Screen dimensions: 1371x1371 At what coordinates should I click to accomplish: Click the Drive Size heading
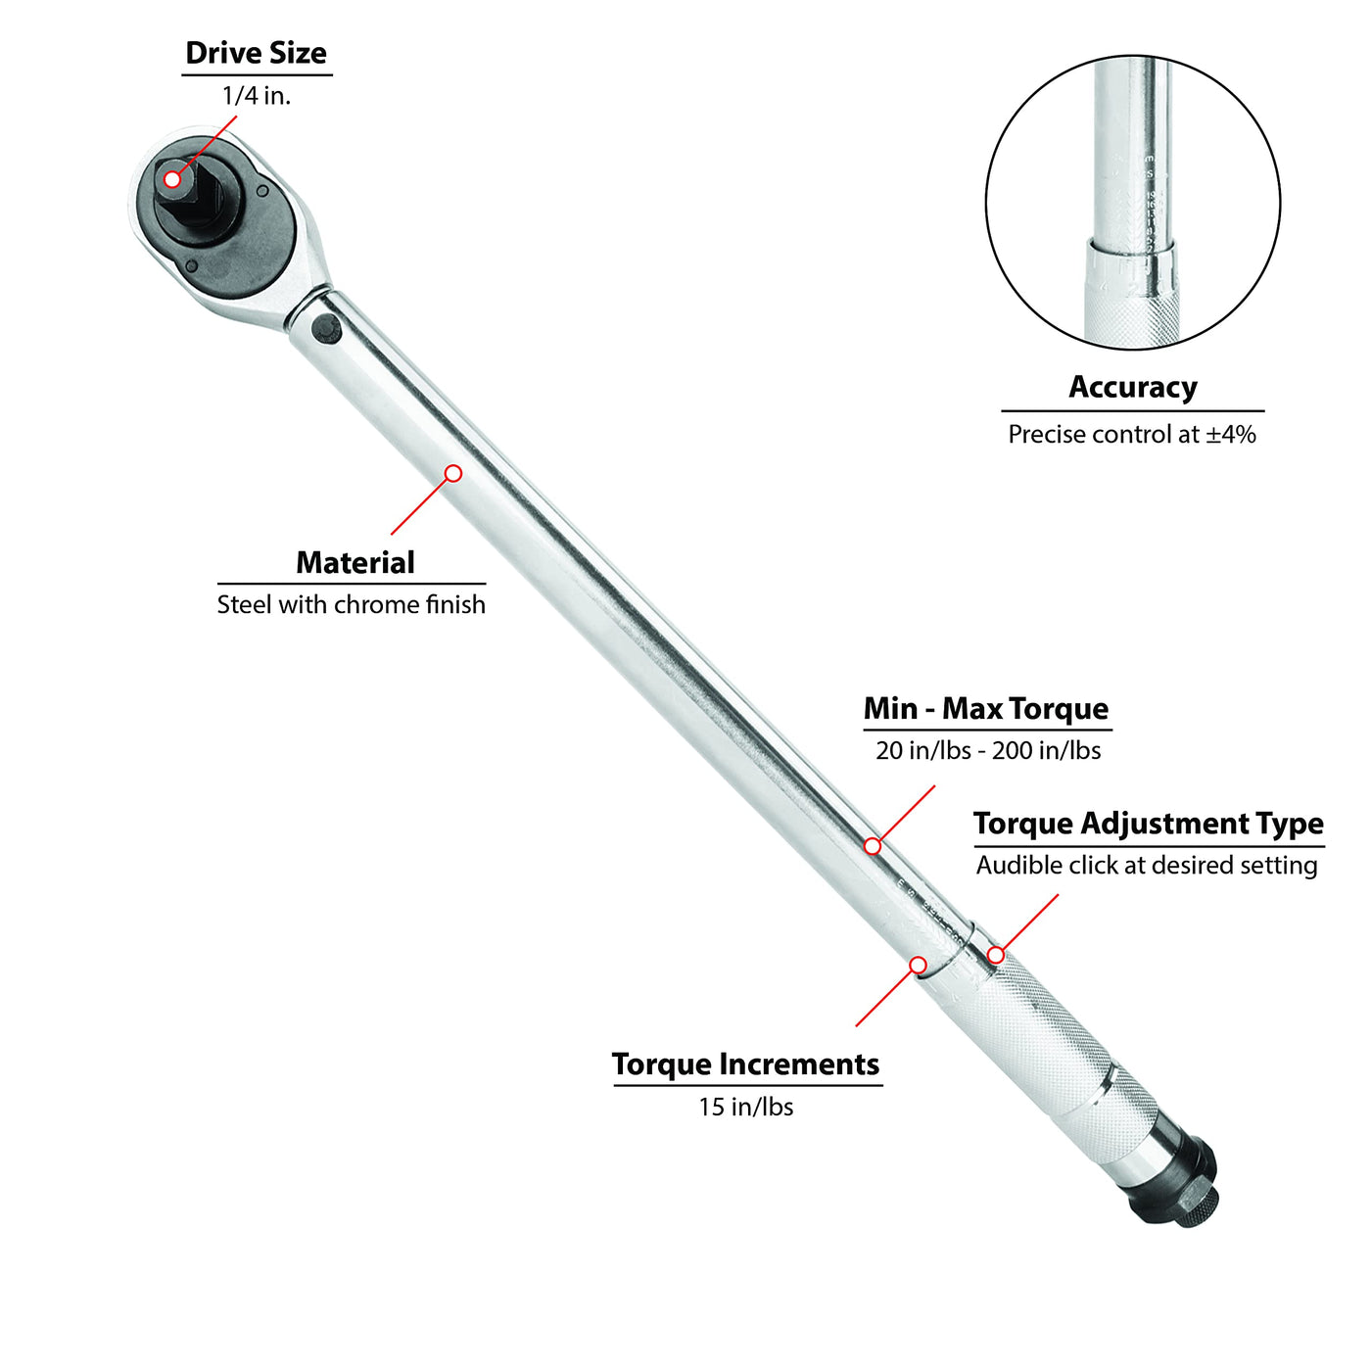click(256, 53)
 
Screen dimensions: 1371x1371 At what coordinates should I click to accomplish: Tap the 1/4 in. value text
click(256, 96)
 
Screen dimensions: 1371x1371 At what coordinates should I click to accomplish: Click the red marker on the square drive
click(172, 179)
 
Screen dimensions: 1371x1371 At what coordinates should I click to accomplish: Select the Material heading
click(355, 562)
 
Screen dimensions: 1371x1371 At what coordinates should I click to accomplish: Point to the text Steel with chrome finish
click(351, 605)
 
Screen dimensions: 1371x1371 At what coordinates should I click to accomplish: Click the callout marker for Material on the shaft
click(453, 474)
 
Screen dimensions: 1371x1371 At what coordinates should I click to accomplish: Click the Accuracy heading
click(1132, 387)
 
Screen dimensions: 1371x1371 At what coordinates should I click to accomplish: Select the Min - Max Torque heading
click(986, 708)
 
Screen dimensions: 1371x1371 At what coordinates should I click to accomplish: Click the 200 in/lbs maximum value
click(1046, 751)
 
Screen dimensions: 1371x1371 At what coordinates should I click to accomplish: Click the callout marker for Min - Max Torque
click(873, 846)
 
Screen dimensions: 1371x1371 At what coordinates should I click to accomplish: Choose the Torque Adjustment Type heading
click(1148, 824)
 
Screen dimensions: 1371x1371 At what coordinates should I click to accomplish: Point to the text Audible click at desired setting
click(1147, 866)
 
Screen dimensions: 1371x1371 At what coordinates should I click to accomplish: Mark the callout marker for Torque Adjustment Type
click(995, 955)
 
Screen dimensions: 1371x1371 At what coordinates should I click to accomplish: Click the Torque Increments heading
click(745, 1064)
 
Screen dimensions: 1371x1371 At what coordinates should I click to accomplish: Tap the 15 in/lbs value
click(745, 1108)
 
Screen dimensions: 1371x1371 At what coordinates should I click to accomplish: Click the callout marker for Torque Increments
click(918, 966)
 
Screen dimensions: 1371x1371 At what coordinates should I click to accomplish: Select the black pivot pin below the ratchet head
click(326, 329)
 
